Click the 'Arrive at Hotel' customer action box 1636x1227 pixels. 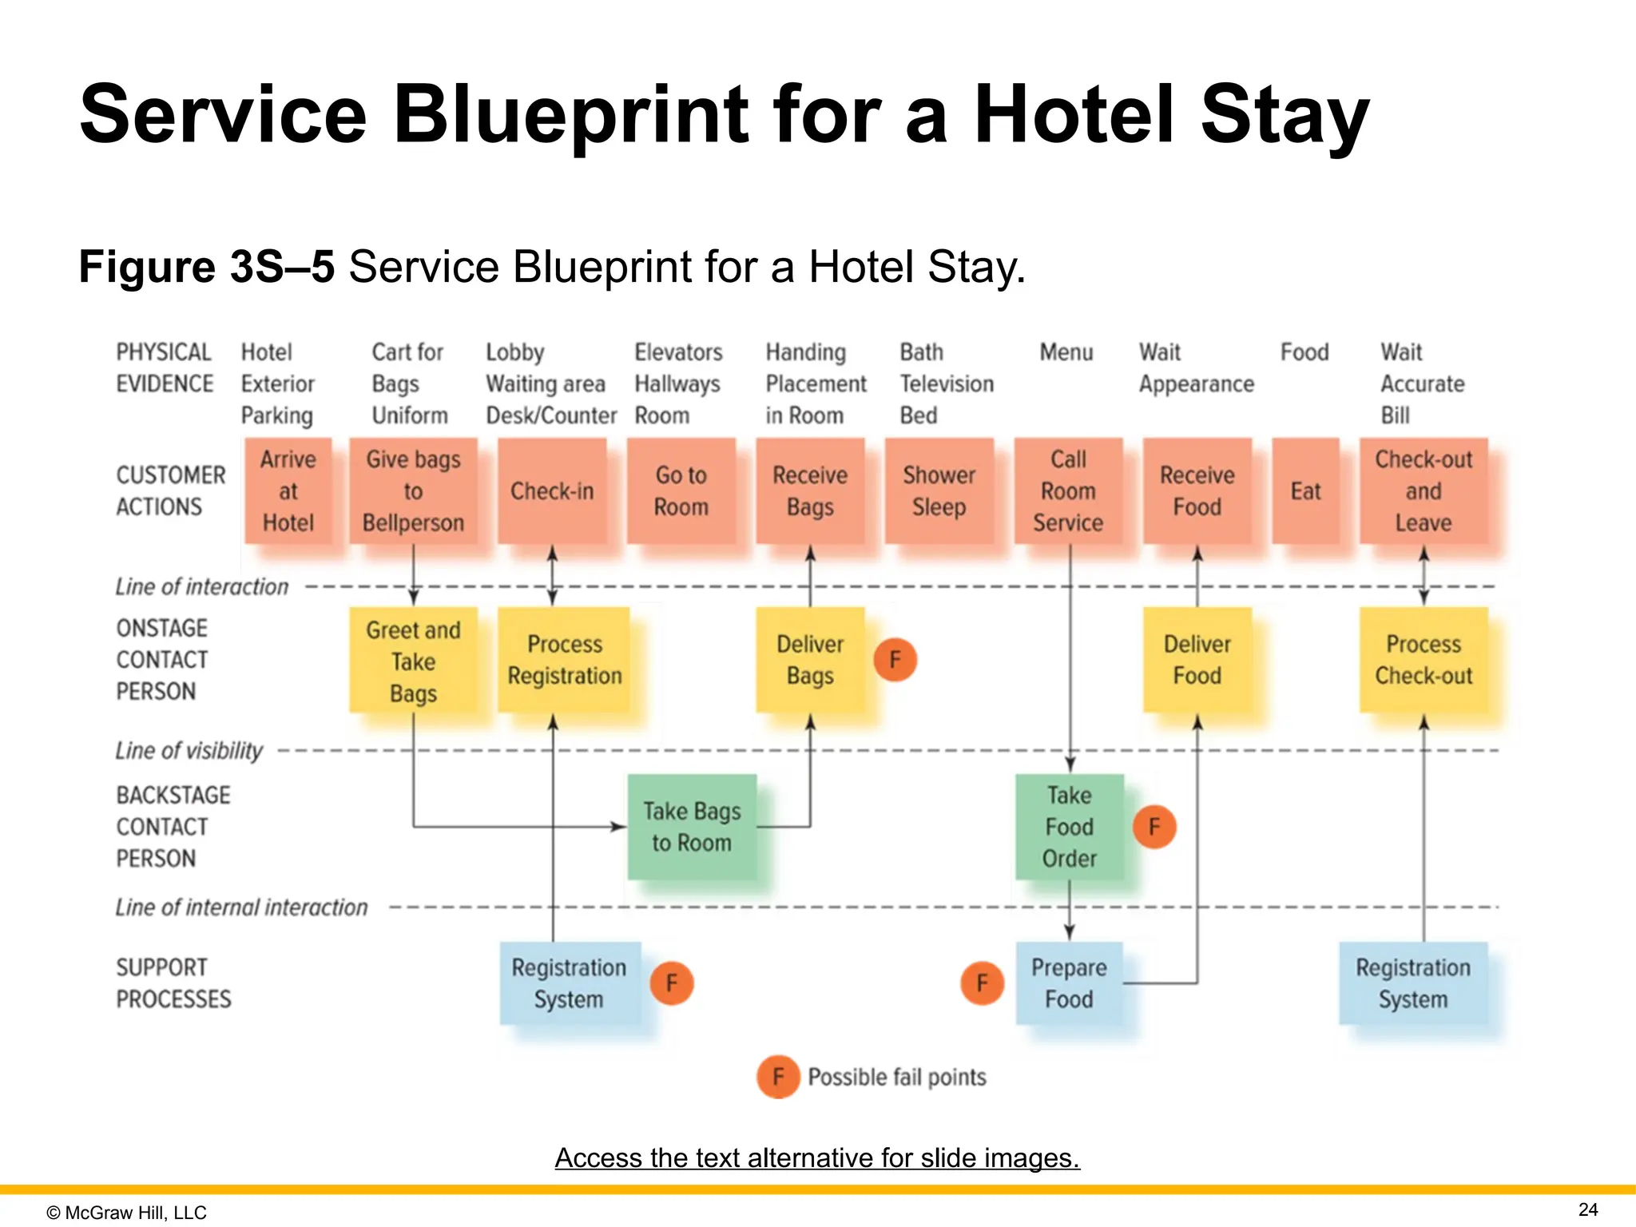pyautogui.click(x=288, y=490)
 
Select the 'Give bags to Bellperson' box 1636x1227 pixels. pyautogui.click(x=413, y=490)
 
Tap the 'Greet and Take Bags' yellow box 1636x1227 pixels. pyautogui.click(x=413, y=661)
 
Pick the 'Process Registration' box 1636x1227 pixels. pyautogui.click(x=564, y=660)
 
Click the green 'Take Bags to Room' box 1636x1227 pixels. pyautogui.click(x=692, y=827)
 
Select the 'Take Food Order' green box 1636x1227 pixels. pyautogui.click(x=1069, y=827)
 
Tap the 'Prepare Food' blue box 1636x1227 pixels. pyautogui.click(x=1069, y=983)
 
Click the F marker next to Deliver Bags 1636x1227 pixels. pyautogui.click(x=895, y=660)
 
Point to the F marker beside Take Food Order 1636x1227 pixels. pyautogui.click(x=1154, y=827)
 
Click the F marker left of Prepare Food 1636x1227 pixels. pyautogui.click(x=982, y=983)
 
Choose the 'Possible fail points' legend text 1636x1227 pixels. pyautogui.click(x=896, y=1077)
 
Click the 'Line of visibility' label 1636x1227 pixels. pyautogui.click(x=189, y=750)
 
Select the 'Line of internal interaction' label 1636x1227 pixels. pyautogui.click(x=241, y=907)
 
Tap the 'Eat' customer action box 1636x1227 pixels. pyautogui.click(x=1305, y=490)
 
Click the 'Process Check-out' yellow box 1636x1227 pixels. pyautogui.click(x=1423, y=660)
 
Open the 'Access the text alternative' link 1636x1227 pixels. pyautogui.click(x=817, y=1158)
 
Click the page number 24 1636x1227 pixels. pyautogui.click(x=1588, y=1209)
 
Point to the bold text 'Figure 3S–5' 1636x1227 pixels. pyautogui.click(x=206, y=266)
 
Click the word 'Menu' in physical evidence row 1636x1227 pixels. pyautogui.click(x=1066, y=352)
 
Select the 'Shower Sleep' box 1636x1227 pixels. pyautogui.click(x=939, y=490)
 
